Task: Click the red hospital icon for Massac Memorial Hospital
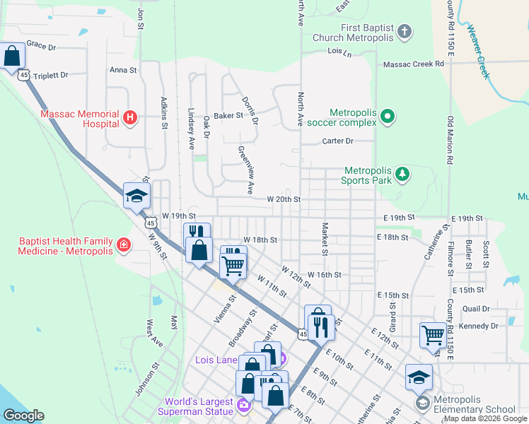click(x=130, y=118)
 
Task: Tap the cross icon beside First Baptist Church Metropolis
click(x=405, y=32)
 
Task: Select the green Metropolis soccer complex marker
click(x=387, y=117)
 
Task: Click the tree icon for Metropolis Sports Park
click(x=402, y=174)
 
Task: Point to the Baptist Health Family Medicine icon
click(x=124, y=245)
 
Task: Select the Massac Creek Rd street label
click(x=414, y=64)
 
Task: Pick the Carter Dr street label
click(x=337, y=141)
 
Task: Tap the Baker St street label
click(x=228, y=115)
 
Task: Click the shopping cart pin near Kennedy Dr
click(x=433, y=335)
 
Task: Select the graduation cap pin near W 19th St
click(x=136, y=196)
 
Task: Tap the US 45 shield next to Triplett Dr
click(x=24, y=74)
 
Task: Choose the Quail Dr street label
click(x=475, y=309)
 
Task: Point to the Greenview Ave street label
click(x=245, y=170)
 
